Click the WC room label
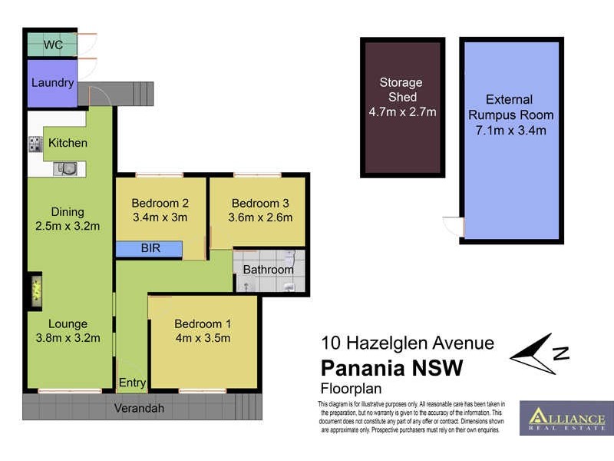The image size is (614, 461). tap(53, 45)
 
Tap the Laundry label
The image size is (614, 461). tap(52, 83)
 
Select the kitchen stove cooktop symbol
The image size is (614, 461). tap(35, 144)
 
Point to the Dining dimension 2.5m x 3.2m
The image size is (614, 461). tap(68, 226)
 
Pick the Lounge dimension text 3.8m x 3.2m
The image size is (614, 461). tap(68, 337)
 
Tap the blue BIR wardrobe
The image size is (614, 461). tap(149, 249)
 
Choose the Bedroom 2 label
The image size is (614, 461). tap(160, 204)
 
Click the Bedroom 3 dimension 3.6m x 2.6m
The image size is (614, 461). tap(260, 217)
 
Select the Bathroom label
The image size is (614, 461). tap(268, 270)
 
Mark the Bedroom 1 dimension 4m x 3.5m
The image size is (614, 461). tap(203, 337)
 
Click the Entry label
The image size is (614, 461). tap(132, 383)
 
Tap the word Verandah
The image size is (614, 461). tap(140, 408)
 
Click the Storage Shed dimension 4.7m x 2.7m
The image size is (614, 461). tap(402, 112)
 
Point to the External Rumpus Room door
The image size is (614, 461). tap(453, 227)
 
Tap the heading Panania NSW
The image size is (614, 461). tap(391, 368)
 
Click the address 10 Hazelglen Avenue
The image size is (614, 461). tap(407, 343)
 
